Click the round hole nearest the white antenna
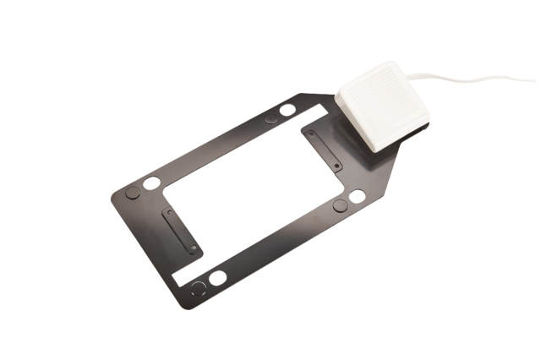[x=287, y=109]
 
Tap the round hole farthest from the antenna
[x=217, y=277]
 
